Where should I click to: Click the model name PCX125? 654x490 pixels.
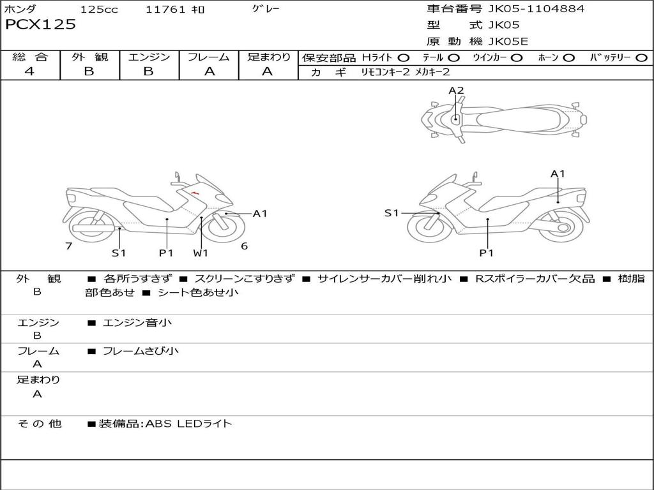pyautogui.click(x=40, y=25)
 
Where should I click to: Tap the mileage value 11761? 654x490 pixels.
pyautogui.click(x=165, y=10)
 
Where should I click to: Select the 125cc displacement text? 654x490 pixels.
pyautogui.click(x=100, y=10)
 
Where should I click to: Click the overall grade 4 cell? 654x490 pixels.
pyautogui.click(x=29, y=71)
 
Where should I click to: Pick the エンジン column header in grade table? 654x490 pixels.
pyautogui.click(x=149, y=57)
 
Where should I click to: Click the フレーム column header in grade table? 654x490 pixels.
pyautogui.click(x=209, y=57)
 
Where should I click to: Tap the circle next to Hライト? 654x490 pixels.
pyautogui.click(x=404, y=58)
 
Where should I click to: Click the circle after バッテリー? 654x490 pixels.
pyautogui.click(x=642, y=58)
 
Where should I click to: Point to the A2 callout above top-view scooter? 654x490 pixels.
pyautogui.click(x=456, y=91)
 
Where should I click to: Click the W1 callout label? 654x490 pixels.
pyautogui.click(x=201, y=253)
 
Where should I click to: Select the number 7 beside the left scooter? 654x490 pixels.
pyautogui.click(x=68, y=246)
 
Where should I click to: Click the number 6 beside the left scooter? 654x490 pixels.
pyautogui.click(x=244, y=246)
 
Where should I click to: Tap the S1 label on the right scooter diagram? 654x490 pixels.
pyautogui.click(x=392, y=213)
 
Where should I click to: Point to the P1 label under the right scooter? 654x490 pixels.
pyautogui.click(x=487, y=253)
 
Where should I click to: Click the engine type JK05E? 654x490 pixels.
pyautogui.click(x=508, y=41)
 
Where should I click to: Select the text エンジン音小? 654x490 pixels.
pyautogui.click(x=137, y=323)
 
